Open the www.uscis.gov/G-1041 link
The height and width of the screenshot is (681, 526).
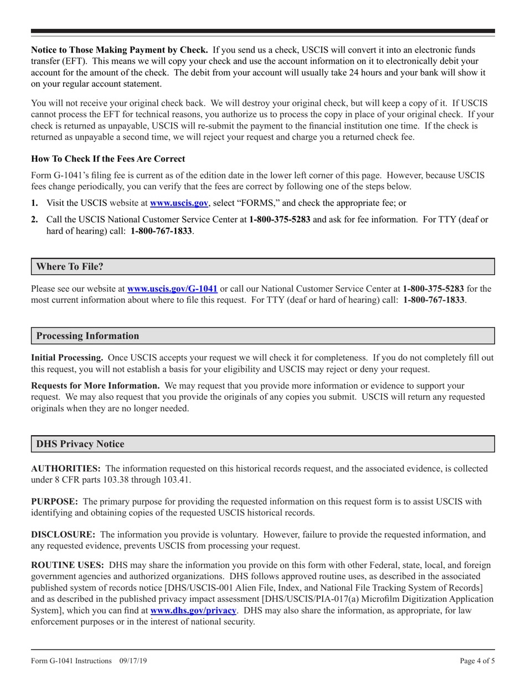(x=172, y=288)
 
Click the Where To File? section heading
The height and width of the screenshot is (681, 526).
(x=70, y=266)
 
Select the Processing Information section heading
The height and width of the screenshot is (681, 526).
(x=87, y=336)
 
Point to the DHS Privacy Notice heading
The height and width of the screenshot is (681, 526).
(x=80, y=444)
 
